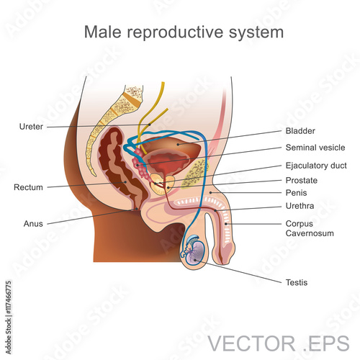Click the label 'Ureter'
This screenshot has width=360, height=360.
coord(31,127)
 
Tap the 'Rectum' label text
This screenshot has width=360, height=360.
coord(28,187)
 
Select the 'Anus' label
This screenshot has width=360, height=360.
coord(33,224)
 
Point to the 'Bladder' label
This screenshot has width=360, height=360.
coord(300,131)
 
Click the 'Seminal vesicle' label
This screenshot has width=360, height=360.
coord(315,148)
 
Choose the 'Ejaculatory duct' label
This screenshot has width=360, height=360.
coord(316,166)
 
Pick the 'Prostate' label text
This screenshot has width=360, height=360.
coord(302,180)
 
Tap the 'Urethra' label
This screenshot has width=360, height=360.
coord(300,206)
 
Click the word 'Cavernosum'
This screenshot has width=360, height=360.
coord(310,233)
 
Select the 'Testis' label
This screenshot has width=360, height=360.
coord(297,282)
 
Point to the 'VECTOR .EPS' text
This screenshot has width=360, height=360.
coord(279,343)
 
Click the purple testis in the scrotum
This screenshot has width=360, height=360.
coord(195,253)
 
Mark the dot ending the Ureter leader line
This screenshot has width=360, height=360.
coord(149,125)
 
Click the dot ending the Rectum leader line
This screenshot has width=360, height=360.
coord(125,182)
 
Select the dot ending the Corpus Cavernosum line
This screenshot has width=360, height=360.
coord(226,224)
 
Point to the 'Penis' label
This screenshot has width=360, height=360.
coord(296,193)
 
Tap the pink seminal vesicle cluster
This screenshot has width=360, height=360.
coord(140,163)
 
